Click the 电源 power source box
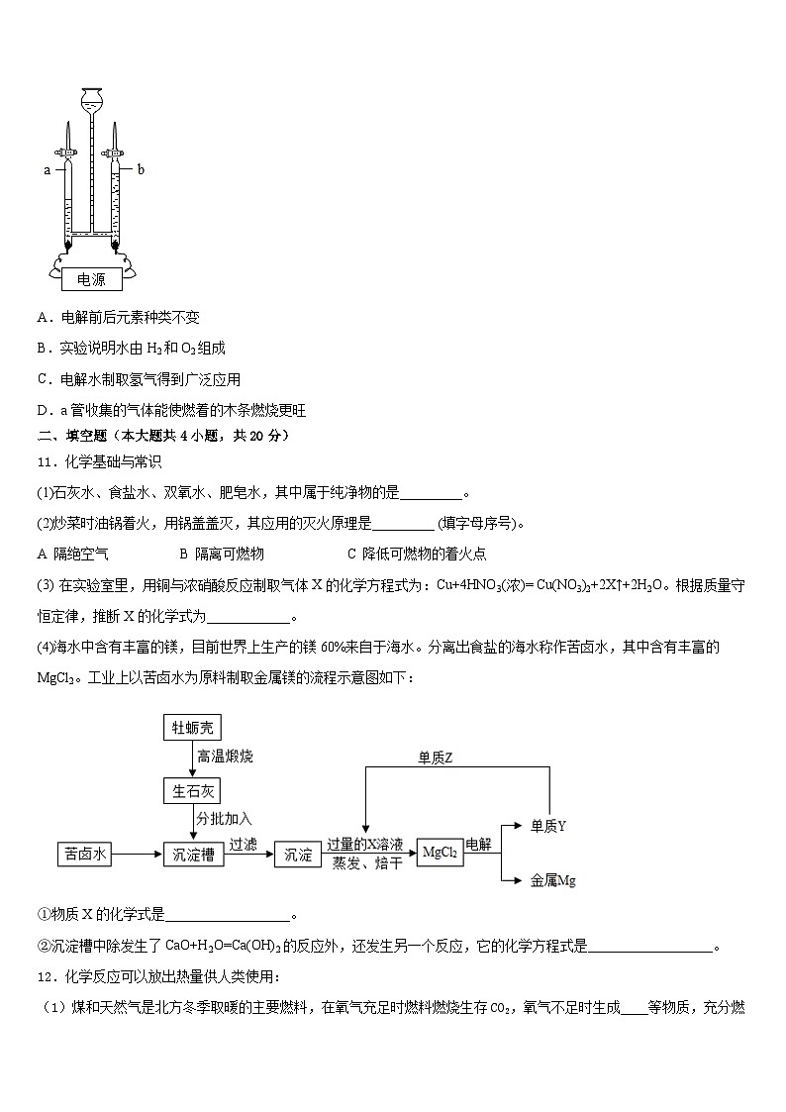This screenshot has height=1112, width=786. pos(91,280)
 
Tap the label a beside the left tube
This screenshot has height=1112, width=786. pos(47,170)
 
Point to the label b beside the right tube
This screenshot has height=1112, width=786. pos(141,169)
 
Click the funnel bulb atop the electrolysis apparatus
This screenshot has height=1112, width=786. pos(91,98)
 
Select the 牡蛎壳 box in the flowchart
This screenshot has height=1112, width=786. pos(192,728)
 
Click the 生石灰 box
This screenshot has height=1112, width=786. pos(192,790)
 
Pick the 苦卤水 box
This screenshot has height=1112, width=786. pos(86,854)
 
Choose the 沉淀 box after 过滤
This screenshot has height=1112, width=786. pos(298,854)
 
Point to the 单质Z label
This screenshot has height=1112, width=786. pos(435,758)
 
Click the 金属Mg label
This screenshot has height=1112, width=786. pos(552,879)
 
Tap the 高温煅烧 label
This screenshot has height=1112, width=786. pos(225,757)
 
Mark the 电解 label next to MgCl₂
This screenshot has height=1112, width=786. pos(478,843)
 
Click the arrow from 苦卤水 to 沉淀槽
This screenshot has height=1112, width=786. pos(139,854)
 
